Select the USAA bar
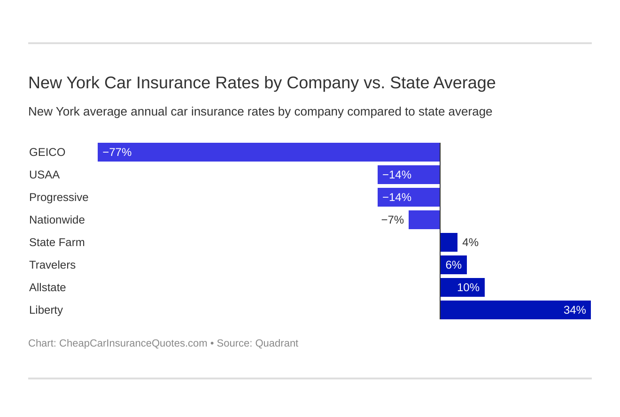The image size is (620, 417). point(409,175)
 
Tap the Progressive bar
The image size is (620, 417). point(409,197)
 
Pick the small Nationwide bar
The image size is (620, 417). point(424,220)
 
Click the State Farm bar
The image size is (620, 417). point(449,242)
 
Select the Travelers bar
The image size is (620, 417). point(454,265)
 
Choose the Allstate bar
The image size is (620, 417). point(463,287)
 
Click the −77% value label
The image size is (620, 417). point(117,152)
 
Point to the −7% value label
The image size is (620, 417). point(392,220)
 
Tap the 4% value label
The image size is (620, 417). point(470,242)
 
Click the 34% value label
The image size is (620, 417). point(574,310)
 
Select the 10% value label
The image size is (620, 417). point(468,287)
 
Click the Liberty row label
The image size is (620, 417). point(46,310)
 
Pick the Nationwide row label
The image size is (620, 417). point(57,220)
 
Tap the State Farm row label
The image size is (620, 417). point(57,242)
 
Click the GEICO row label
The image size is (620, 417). point(47,152)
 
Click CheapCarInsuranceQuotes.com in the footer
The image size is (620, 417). point(133,343)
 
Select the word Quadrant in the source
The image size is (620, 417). point(277,343)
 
